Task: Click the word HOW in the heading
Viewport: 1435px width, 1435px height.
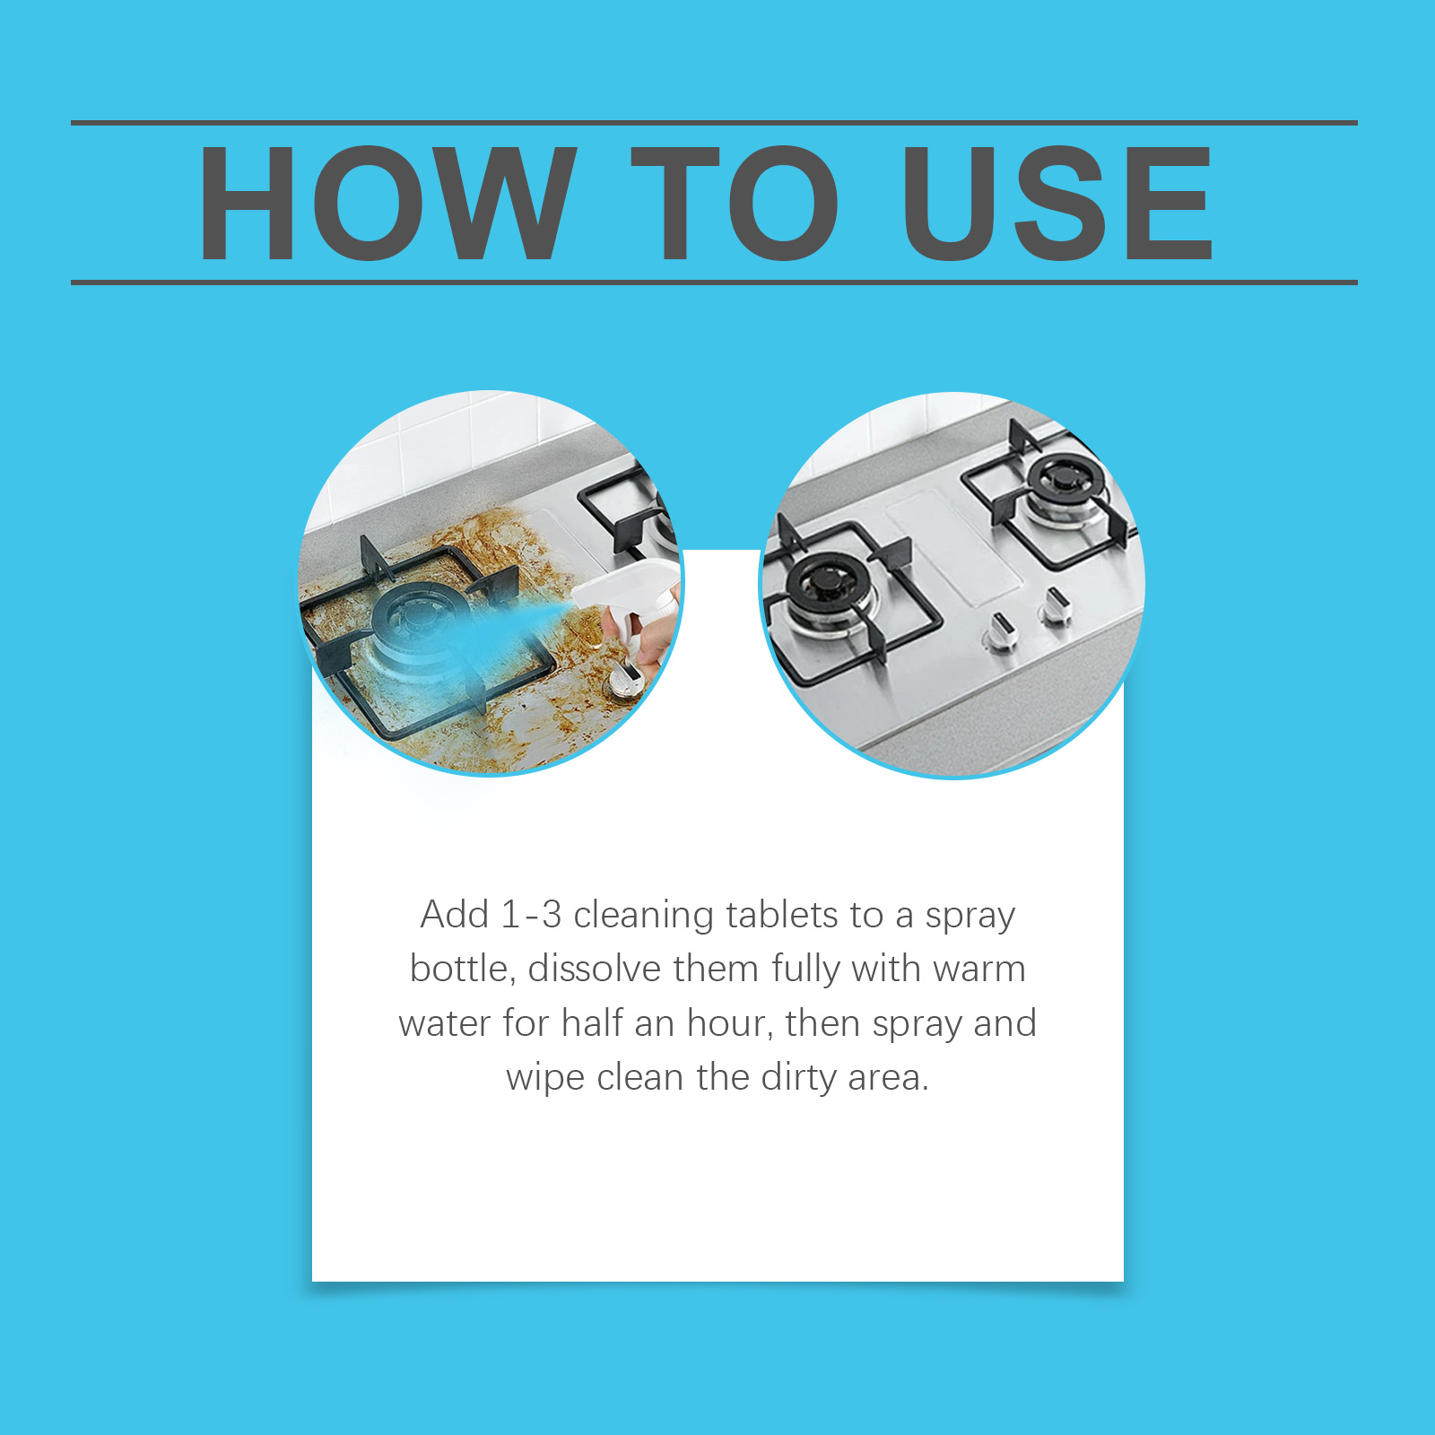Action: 387,203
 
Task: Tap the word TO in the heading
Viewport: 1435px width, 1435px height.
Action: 736,203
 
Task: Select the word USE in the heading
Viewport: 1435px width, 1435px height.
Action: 1058,203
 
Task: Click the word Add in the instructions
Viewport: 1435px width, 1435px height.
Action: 456,915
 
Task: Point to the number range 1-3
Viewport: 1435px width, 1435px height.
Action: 531,915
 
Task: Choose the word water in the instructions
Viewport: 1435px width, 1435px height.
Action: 445,1024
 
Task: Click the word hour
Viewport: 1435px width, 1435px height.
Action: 729,1022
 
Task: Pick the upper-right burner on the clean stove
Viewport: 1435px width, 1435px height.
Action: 1065,489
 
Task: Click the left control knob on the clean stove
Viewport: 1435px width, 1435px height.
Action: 1003,631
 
